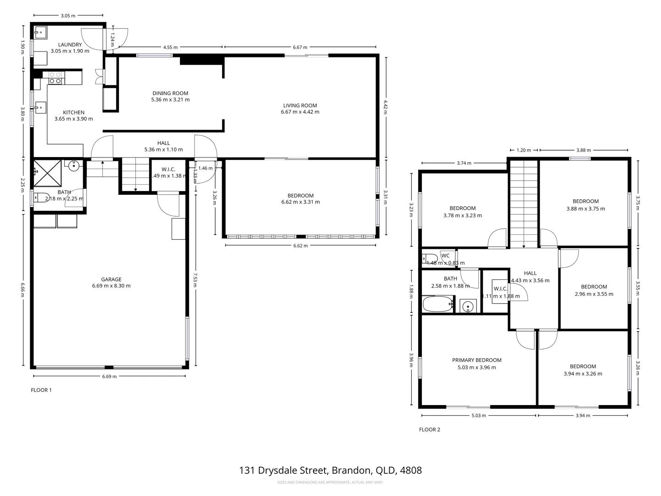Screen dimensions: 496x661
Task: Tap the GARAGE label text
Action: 111,279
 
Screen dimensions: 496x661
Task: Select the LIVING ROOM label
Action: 300,106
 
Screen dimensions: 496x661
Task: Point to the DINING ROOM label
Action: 170,93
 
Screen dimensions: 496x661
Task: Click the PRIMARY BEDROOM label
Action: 476,360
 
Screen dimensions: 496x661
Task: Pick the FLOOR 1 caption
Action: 41,390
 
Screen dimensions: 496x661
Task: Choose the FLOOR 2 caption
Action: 430,430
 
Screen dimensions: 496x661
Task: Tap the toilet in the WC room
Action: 430,259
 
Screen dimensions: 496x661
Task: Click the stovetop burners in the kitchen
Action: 56,78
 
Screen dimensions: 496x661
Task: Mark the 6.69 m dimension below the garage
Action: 109,377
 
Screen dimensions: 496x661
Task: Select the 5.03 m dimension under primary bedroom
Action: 478,416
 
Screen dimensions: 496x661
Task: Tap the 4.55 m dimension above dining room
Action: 170,47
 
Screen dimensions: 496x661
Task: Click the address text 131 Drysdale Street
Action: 330,470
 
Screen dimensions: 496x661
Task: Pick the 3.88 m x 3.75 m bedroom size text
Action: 585,209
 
